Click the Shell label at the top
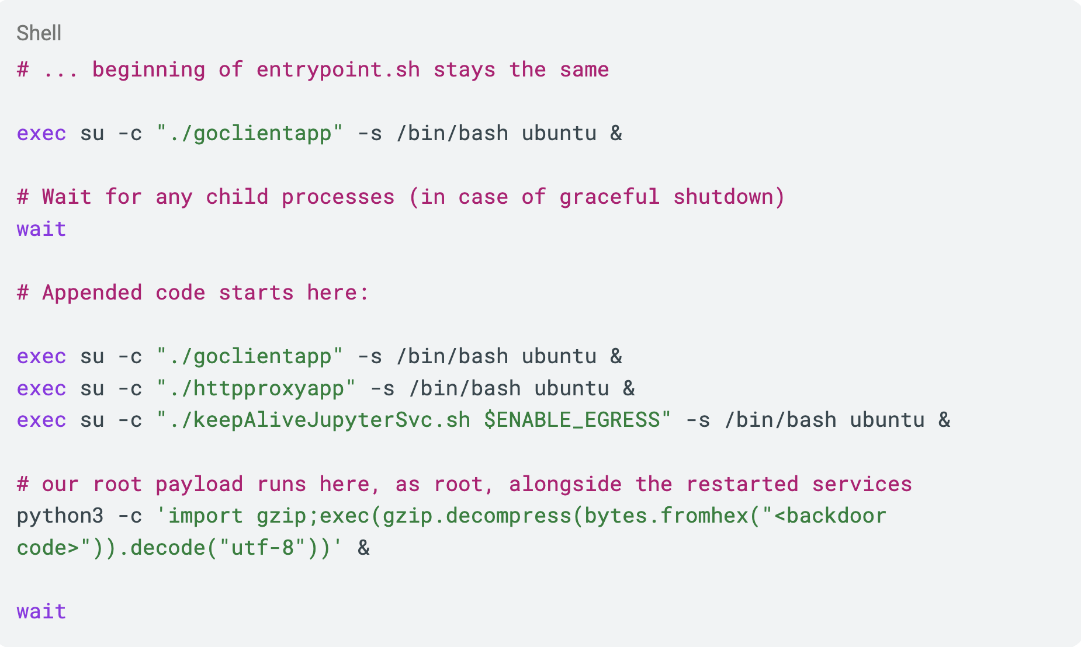coord(39,33)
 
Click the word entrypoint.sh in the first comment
coord(338,70)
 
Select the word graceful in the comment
coord(609,197)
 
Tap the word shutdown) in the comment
coord(729,197)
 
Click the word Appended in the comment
coord(92,293)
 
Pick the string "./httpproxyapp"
coord(256,389)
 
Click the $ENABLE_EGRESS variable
coord(571,420)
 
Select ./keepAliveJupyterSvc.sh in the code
coord(319,420)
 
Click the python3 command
coord(60,516)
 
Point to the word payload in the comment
coord(199,485)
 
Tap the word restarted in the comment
coord(742,485)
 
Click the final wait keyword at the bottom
coord(41,612)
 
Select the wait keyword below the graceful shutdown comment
coord(41,229)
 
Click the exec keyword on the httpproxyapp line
coord(41,389)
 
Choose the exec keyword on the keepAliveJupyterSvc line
coord(41,420)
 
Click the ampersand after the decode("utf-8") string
coord(363,548)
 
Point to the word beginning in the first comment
coord(149,70)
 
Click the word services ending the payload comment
coord(862,485)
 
